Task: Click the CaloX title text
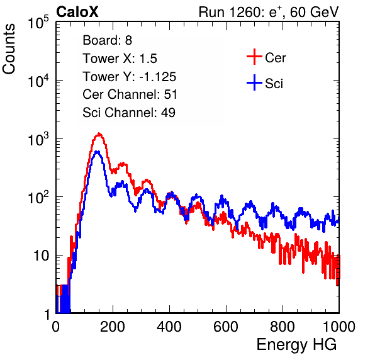77,12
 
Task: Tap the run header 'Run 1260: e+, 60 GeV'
269,12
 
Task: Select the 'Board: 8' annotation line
107,40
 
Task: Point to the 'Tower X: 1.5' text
120,59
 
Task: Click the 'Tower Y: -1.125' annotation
129,77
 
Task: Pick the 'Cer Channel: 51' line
130,94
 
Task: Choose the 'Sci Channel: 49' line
129,113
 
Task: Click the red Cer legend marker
254,57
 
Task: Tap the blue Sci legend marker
254,82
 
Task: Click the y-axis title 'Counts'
9,49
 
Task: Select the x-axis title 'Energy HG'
296,345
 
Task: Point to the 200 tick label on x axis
113,327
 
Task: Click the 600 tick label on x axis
226,327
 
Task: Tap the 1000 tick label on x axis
339,327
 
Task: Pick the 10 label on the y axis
41,256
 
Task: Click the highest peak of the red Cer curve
99,133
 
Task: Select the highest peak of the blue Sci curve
97,152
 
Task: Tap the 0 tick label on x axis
56,327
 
